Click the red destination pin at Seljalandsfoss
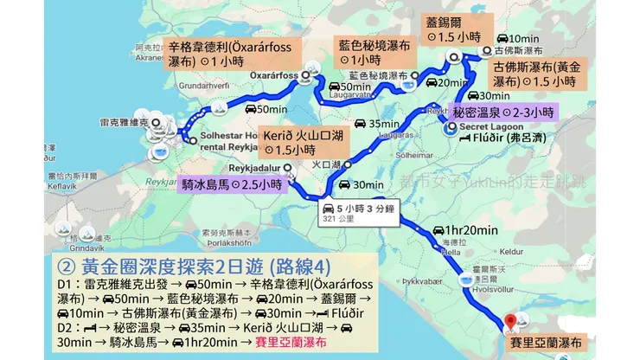click(x=510, y=321)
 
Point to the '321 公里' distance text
click(x=339, y=221)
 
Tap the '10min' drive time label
click(x=524, y=38)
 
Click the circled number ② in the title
click(x=67, y=263)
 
